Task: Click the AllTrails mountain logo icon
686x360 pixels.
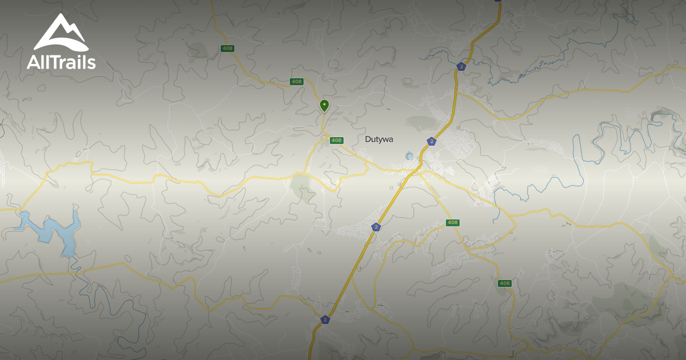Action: (x=61, y=33)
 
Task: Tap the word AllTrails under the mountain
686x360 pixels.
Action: (x=61, y=62)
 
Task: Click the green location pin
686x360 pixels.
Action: (x=324, y=105)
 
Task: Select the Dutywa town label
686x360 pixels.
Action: (x=379, y=139)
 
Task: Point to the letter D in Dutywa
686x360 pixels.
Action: (x=368, y=139)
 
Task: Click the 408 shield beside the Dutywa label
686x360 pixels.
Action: (x=336, y=141)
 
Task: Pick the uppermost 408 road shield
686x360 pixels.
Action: (x=228, y=49)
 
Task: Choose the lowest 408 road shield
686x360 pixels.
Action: (x=504, y=283)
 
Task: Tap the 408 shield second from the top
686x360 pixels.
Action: (x=296, y=82)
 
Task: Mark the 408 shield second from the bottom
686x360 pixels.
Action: (x=453, y=222)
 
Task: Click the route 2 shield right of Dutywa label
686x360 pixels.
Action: (x=431, y=141)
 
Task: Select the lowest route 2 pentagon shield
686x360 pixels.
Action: (x=325, y=319)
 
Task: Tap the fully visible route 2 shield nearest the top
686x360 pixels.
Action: (x=461, y=66)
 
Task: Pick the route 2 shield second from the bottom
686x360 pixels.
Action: (x=376, y=227)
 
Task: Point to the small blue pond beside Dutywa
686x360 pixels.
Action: (x=409, y=155)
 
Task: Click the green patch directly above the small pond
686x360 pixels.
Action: (x=422, y=122)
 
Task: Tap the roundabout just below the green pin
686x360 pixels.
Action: (x=324, y=138)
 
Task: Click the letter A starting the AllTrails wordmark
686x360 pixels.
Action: (x=32, y=62)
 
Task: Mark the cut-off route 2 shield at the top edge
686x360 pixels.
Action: (x=497, y=1)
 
